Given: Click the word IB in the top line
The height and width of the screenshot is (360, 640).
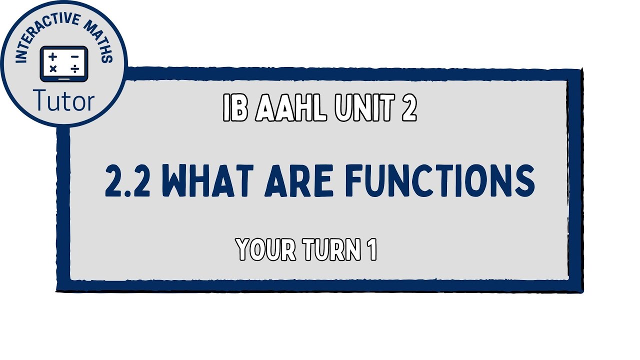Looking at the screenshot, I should [x=235, y=108].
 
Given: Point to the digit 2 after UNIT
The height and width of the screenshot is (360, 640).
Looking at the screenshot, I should [x=408, y=108].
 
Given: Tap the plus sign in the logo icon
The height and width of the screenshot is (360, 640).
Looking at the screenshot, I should [x=53, y=57].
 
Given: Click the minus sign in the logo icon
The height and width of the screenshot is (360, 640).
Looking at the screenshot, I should [x=74, y=57].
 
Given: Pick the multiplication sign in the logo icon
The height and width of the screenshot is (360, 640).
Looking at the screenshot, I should [x=53, y=69].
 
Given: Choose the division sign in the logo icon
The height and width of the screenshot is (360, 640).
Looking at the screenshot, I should [x=74, y=69].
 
